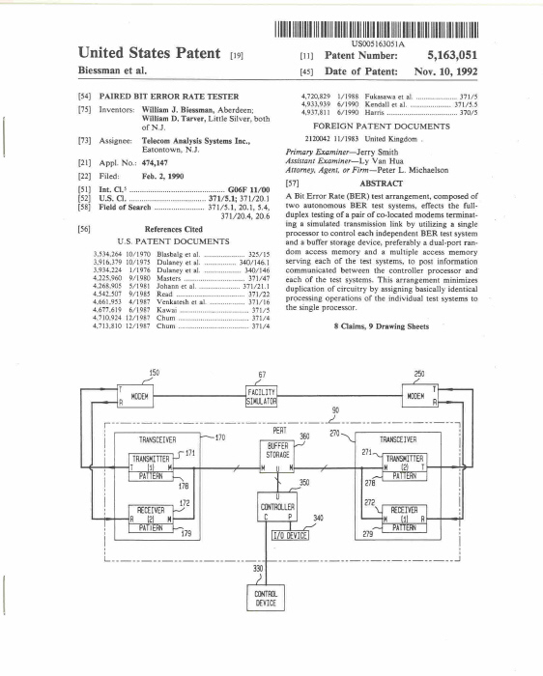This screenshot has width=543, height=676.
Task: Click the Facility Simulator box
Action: point(262,397)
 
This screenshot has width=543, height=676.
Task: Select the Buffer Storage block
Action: point(277,456)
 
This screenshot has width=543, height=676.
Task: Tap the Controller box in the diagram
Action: point(277,507)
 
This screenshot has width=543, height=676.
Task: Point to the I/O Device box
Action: point(290,535)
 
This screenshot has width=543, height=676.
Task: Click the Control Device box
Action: point(266,598)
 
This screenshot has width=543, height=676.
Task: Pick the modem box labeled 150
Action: point(135,396)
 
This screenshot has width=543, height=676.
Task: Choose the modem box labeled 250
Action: point(420,396)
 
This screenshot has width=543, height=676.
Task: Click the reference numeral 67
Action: point(262,375)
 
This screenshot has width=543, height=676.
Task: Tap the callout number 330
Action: point(258,569)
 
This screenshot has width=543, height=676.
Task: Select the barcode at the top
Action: point(376,30)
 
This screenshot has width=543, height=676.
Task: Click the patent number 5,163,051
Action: point(452,55)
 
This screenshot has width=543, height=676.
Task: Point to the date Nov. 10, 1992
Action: point(446,71)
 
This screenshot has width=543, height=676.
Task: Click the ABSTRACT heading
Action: point(382,183)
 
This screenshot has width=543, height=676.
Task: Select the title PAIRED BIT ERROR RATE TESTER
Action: point(169,97)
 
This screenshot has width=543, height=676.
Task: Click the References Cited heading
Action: point(173,230)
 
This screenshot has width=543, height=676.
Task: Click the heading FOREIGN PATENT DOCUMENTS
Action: point(382,127)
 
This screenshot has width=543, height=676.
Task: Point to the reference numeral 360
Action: point(304,437)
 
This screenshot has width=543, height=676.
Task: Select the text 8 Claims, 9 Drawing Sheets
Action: point(382,326)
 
